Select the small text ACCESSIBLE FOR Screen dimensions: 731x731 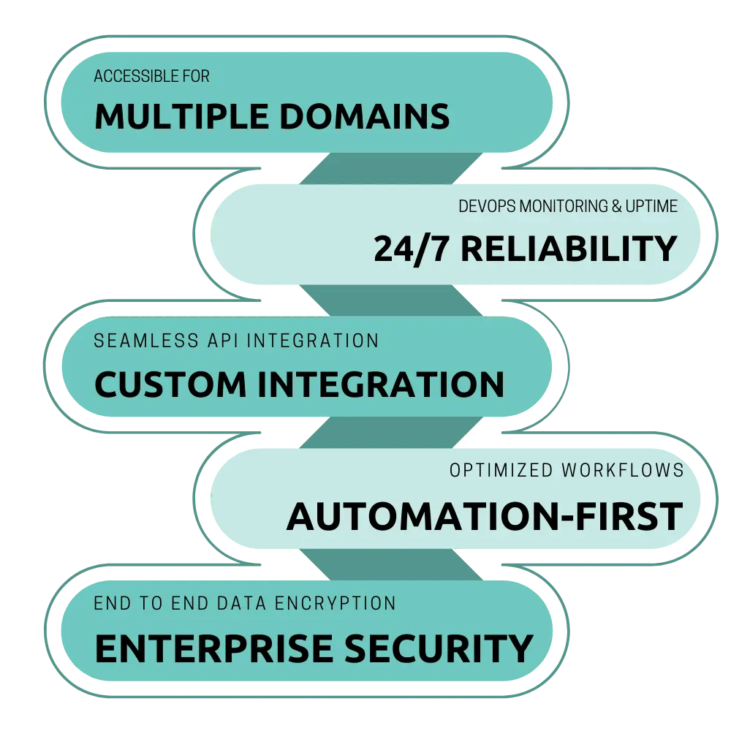tap(152, 77)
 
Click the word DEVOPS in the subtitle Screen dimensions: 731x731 tap(485, 207)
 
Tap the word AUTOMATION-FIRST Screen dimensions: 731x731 tap(484, 517)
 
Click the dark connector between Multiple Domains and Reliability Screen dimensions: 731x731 tap(391, 168)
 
